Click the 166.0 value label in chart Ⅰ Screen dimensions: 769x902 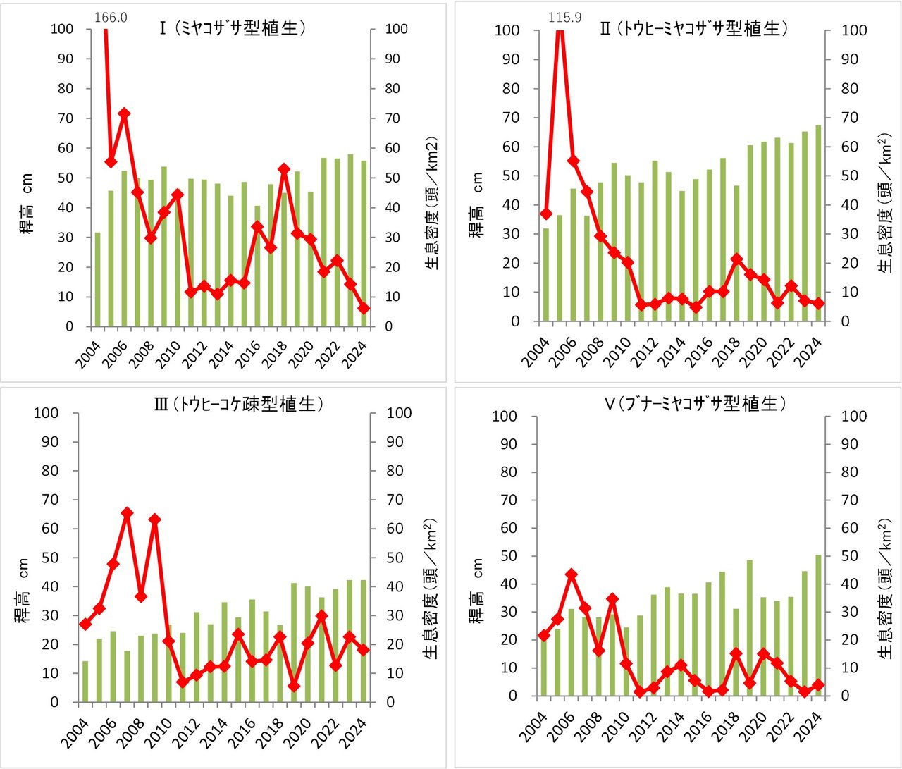pyautogui.click(x=110, y=18)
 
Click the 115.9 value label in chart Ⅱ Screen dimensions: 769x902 pyautogui.click(x=564, y=18)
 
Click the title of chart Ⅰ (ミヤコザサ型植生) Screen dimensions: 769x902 pyautogui.click(x=233, y=29)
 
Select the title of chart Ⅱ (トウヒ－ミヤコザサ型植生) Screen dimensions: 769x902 pyautogui.click(x=693, y=29)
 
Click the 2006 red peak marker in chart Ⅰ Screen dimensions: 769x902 pyautogui.click(x=124, y=113)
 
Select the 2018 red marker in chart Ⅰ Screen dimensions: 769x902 pyautogui.click(x=284, y=169)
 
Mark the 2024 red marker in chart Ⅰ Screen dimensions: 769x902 pyautogui.click(x=364, y=308)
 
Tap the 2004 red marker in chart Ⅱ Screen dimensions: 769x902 pyautogui.click(x=546, y=214)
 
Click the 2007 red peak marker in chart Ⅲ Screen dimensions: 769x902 pyautogui.click(x=128, y=513)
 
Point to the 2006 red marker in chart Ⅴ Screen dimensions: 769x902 pyautogui.click(x=572, y=574)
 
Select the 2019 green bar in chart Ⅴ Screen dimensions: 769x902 pyautogui.click(x=750, y=628)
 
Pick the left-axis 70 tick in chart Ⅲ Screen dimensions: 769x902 pyautogui.click(x=47, y=500)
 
